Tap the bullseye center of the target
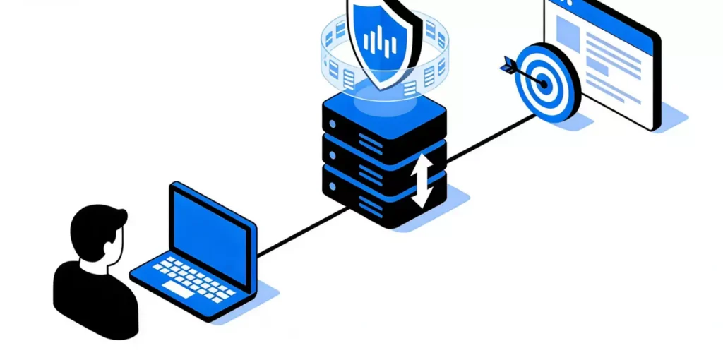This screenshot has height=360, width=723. tap(544, 83)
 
